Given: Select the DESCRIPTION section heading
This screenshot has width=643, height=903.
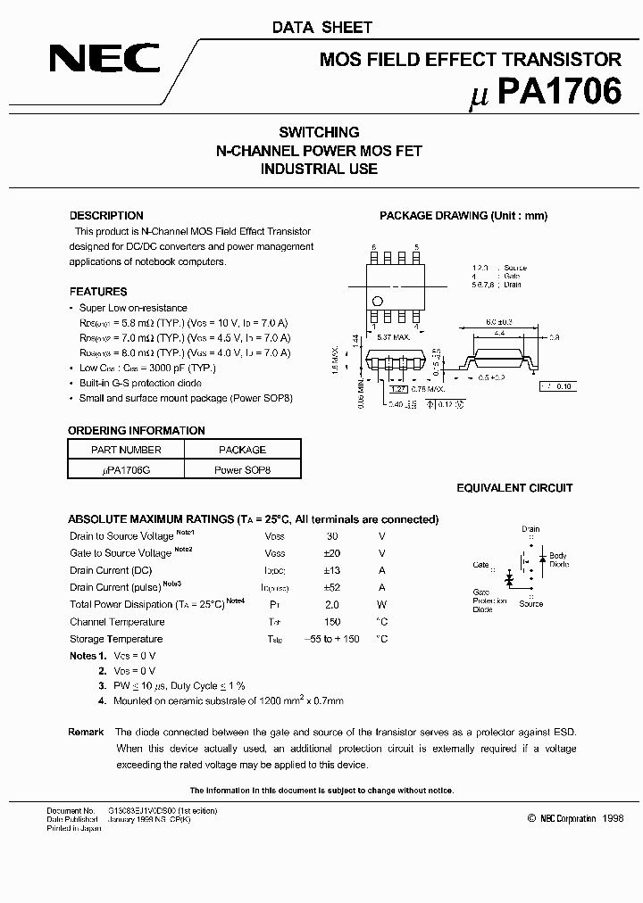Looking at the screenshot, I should pyautogui.click(x=106, y=216).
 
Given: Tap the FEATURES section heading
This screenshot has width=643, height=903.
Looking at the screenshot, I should pyautogui.click(x=98, y=292).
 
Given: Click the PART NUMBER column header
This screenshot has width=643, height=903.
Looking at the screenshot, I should pyautogui.click(x=126, y=450).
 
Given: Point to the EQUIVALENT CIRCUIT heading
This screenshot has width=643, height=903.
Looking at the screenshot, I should pyautogui.click(x=514, y=488).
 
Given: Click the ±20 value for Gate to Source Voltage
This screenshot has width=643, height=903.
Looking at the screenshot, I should pyautogui.click(x=332, y=553).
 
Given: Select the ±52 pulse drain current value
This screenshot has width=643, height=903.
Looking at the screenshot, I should pyautogui.click(x=332, y=587).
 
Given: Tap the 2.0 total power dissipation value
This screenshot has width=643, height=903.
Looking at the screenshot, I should pyautogui.click(x=332, y=604).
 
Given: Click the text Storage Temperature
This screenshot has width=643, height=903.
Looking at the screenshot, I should pyautogui.click(x=116, y=639).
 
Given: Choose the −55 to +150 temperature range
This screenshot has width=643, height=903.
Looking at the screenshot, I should pyautogui.click(x=332, y=639).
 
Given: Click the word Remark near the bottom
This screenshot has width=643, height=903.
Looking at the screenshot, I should pyautogui.click(x=87, y=732).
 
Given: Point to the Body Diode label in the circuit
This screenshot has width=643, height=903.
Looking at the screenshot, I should pyautogui.click(x=558, y=560).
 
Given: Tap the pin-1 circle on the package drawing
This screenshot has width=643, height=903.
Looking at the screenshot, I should pyautogui.click(x=377, y=300).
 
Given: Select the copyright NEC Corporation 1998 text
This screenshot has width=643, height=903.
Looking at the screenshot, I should pyautogui.click(x=575, y=818).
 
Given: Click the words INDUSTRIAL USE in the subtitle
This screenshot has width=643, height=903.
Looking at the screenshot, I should pyautogui.click(x=320, y=169).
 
